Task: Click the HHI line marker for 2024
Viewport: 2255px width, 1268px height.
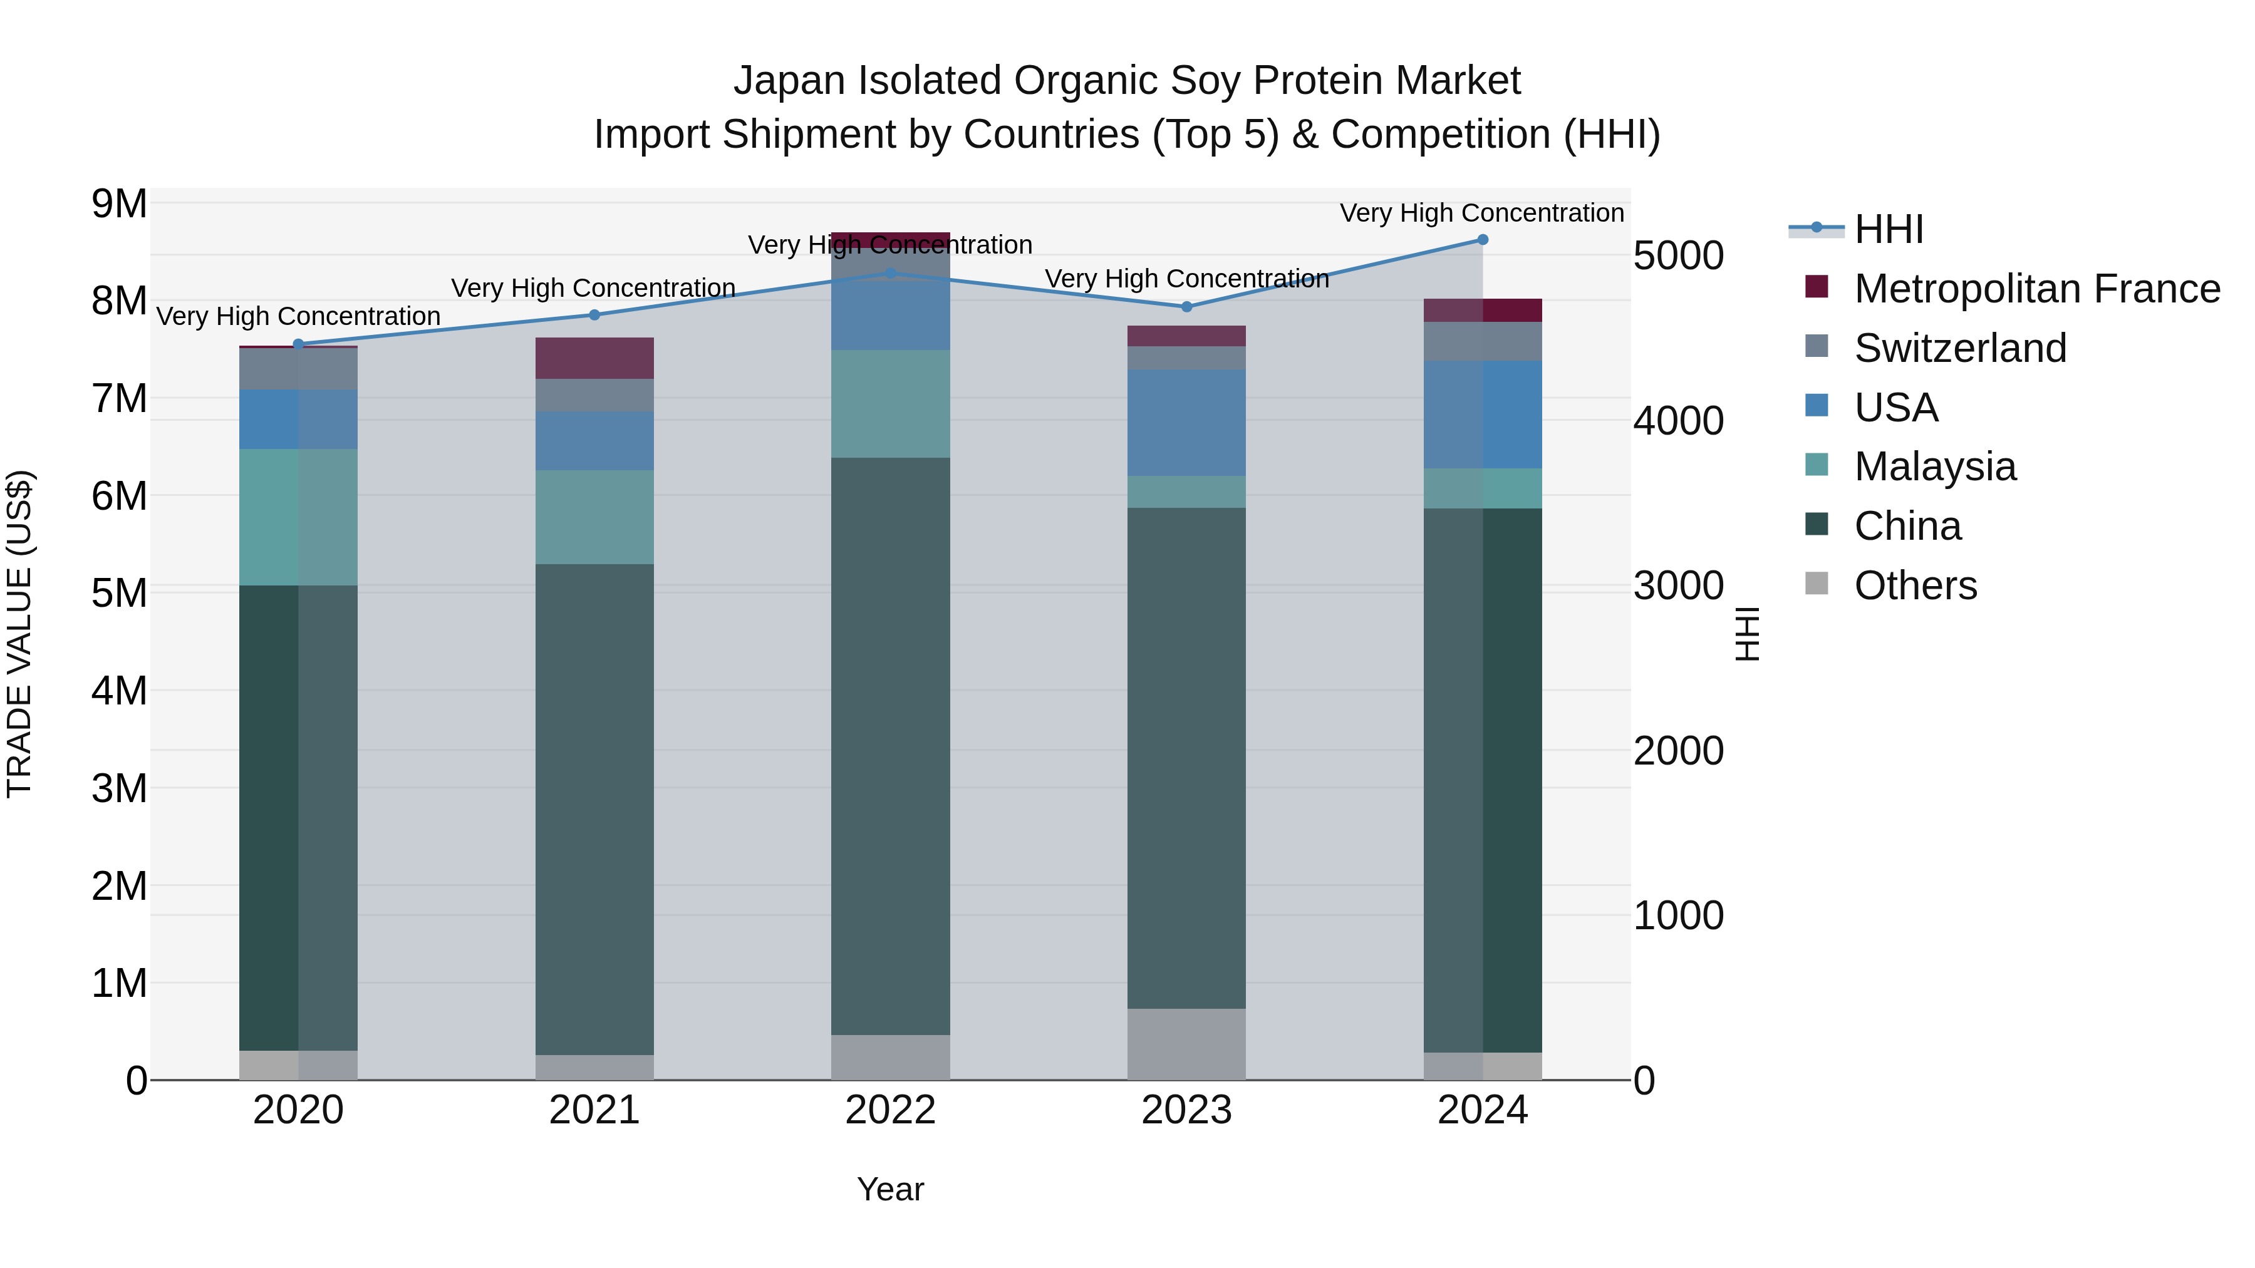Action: (1482, 239)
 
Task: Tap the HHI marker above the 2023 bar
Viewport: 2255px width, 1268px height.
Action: (1186, 306)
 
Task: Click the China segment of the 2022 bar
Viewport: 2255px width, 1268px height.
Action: (890, 746)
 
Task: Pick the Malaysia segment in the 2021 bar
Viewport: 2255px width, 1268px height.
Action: (594, 517)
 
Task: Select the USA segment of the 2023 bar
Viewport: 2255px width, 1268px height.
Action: (1186, 422)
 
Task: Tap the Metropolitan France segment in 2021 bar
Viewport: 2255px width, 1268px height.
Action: (594, 358)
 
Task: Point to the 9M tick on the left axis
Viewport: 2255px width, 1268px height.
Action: (119, 204)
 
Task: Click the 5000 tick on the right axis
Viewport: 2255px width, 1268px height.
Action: (1678, 255)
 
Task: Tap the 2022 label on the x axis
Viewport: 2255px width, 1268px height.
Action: (890, 1110)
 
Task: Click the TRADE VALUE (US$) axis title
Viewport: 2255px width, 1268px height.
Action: (19, 634)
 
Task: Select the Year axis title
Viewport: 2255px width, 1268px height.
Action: (890, 1189)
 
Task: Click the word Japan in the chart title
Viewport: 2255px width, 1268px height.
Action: (790, 81)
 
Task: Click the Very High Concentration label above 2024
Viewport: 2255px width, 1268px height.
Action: (1481, 213)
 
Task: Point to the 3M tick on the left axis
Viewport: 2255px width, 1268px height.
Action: (119, 788)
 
